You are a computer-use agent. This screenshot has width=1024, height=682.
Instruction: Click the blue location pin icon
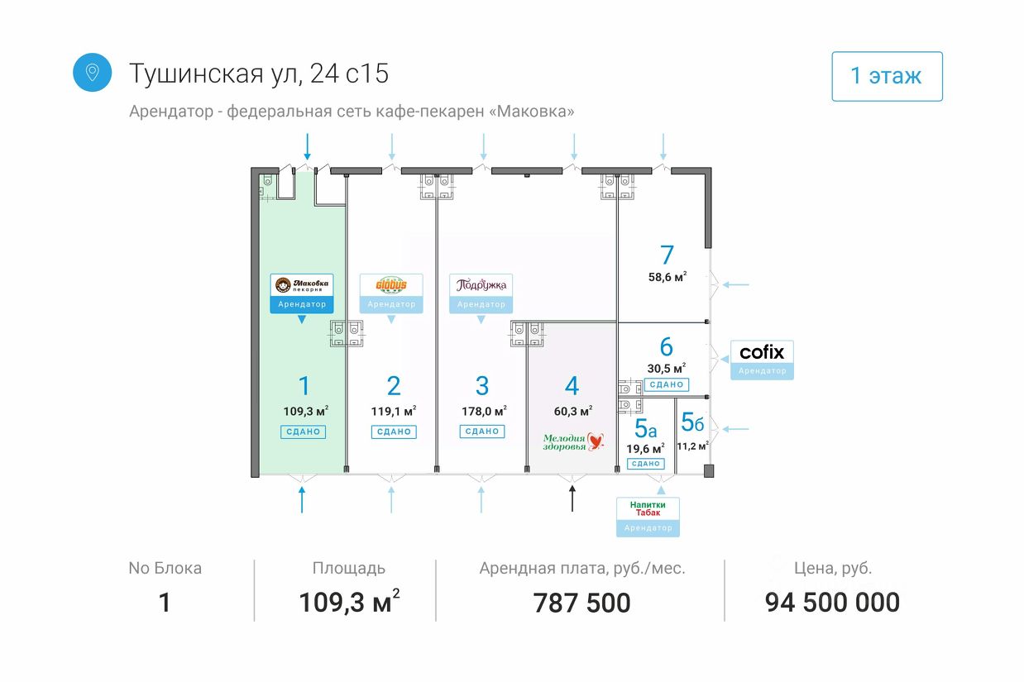tap(92, 73)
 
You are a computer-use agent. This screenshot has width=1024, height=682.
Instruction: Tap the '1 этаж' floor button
tap(886, 76)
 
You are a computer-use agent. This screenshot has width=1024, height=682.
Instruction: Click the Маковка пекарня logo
tap(302, 285)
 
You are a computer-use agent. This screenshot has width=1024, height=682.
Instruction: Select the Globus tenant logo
tap(391, 285)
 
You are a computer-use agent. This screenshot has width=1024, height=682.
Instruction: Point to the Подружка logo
tap(481, 285)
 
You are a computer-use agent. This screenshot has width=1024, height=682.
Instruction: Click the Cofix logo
tap(762, 352)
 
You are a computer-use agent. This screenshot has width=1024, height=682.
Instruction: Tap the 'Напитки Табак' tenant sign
tap(648, 508)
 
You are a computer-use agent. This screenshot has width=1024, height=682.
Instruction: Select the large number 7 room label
tap(667, 255)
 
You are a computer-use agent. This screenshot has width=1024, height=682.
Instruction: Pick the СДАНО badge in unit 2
tap(393, 432)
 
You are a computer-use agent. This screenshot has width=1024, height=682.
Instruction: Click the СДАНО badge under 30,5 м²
tap(666, 384)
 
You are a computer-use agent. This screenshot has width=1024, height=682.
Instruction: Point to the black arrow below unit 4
tap(572, 499)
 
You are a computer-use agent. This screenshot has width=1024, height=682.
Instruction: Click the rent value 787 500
tap(581, 603)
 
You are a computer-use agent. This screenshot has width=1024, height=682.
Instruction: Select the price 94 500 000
tap(832, 603)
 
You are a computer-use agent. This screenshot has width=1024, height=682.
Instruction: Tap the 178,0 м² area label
tap(483, 410)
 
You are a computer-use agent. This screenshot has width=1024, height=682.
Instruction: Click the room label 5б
tap(692, 422)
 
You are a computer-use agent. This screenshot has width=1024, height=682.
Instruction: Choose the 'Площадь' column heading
tap(348, 568)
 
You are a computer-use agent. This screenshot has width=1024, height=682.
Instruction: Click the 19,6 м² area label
tap(645, 449)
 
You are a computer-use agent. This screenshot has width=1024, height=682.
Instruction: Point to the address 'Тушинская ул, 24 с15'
tap(259, 74)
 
